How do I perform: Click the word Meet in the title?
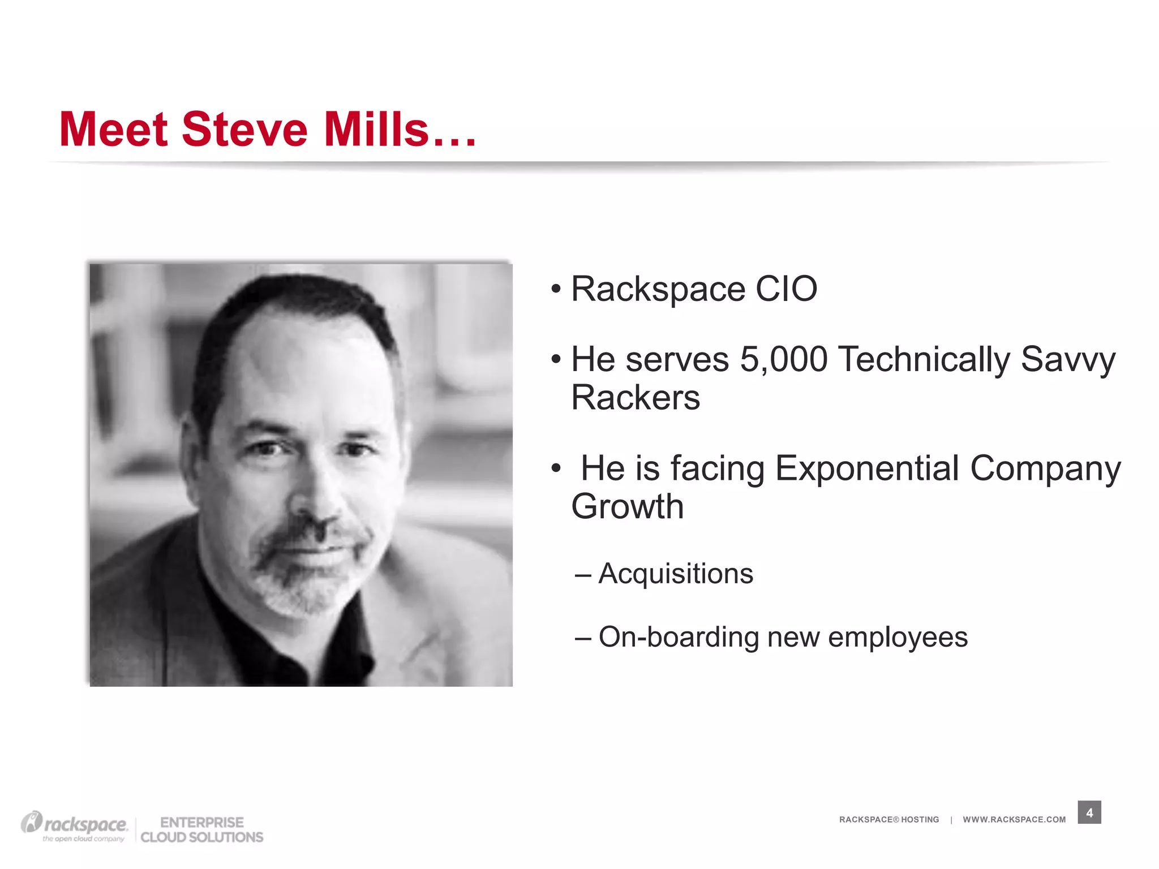(113, 130)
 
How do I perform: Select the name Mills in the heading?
(376, 130)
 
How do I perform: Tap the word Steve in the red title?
(244, 130)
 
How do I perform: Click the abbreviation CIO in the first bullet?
(786, 289)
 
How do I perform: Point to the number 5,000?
(784, 360)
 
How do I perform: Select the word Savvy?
(1068, 360)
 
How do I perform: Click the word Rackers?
(636, 398)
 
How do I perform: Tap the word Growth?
(628, 506)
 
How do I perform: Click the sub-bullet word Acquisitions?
(676, 574)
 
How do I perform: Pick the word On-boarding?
(679, 637)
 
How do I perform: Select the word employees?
(898, 638)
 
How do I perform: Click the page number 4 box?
(1089, 813)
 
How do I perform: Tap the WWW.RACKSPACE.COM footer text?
(1014, 820)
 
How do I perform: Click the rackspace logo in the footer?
(75, 826)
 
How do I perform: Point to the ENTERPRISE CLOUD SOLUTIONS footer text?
(202, 830)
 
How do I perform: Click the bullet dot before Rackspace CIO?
(556, 290)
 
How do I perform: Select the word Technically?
(924, 360)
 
